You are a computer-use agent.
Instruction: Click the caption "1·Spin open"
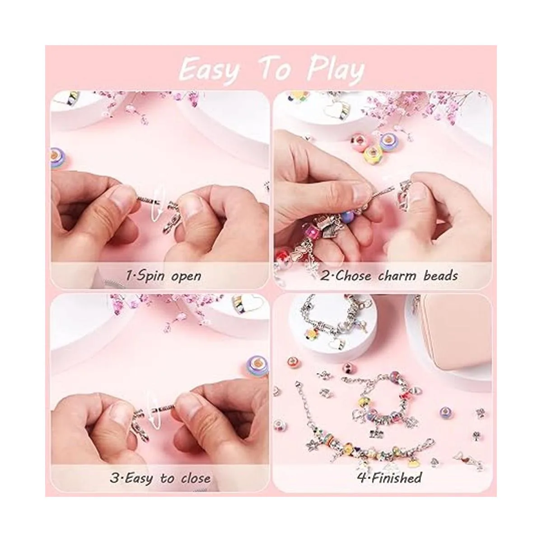pos(164,276)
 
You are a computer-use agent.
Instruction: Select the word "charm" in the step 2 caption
pos(397,276)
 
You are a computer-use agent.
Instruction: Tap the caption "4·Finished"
pos(389,477)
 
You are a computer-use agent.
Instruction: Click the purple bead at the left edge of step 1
pos(59,159)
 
